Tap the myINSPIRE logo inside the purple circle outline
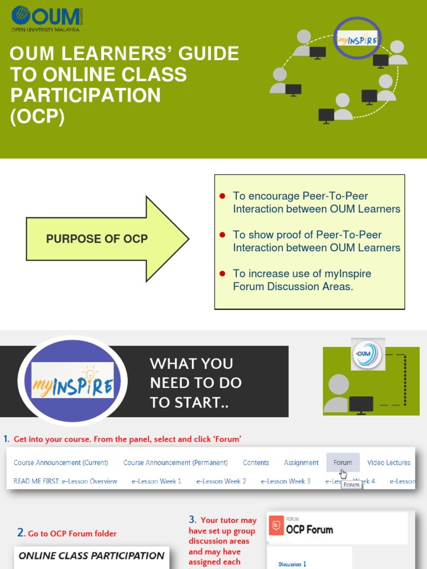pyautogui.click(x=358, y=39)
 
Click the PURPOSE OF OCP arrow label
pyautogui.click(x=97, y=239)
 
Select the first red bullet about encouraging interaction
pyautogui.click(x=222, y=196)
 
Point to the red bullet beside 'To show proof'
pyautogui.click(x=222, y=234)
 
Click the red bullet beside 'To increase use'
pyautogui.click(x=222, y=273)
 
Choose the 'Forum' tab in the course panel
pyautogui.click(x=342, y=462)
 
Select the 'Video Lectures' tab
pyautogui.click(x=389, y=462)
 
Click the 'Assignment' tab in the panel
pyautogui.click(x=301, y=462)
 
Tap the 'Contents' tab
pyautogui.click(x=256, y=462)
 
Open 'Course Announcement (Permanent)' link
pyautogui.click(x=176, y=462)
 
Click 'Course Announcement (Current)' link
pyautogui.click(x=61, y=462)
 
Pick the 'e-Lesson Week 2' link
pyautogui.click(x=221, y=481)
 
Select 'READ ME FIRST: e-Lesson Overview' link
pyautogui.click(x=65, y=481)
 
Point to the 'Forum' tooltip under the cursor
pyautogui.click(x=351, y=485)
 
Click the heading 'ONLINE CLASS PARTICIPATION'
pyautogui.click(x=92, y=556)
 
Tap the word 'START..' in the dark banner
pyautogui.click(x=189, y=403)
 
